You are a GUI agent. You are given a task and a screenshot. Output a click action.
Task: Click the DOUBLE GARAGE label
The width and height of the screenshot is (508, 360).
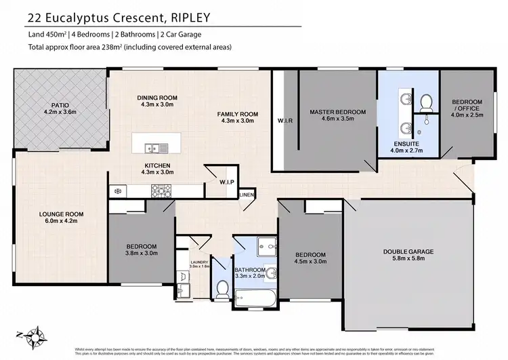[408, 252]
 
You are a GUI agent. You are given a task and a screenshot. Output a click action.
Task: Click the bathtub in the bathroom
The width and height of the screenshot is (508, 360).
[254, 296]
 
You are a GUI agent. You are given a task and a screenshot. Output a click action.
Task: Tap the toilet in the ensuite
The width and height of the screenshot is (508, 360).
[426, 103]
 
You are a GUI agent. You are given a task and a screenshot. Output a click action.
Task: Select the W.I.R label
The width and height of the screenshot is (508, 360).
[284, 122]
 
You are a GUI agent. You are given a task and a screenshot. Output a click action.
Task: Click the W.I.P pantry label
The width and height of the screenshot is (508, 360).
[226, 182]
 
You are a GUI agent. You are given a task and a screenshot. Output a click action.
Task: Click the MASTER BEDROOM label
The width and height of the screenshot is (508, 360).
[337, 111]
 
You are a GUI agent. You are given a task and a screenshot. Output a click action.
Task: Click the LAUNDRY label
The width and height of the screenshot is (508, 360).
[198, 262]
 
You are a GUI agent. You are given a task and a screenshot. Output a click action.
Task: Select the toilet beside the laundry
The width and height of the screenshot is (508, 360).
[221, 289]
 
